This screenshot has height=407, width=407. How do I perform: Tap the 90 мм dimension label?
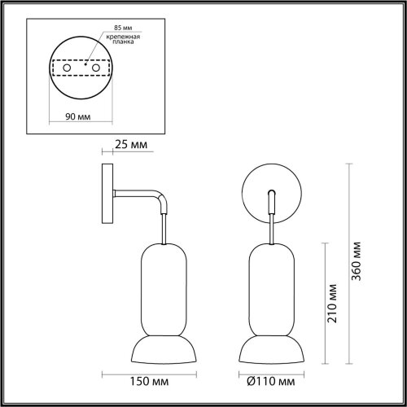77,116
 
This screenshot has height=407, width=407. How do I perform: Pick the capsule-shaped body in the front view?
271,285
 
